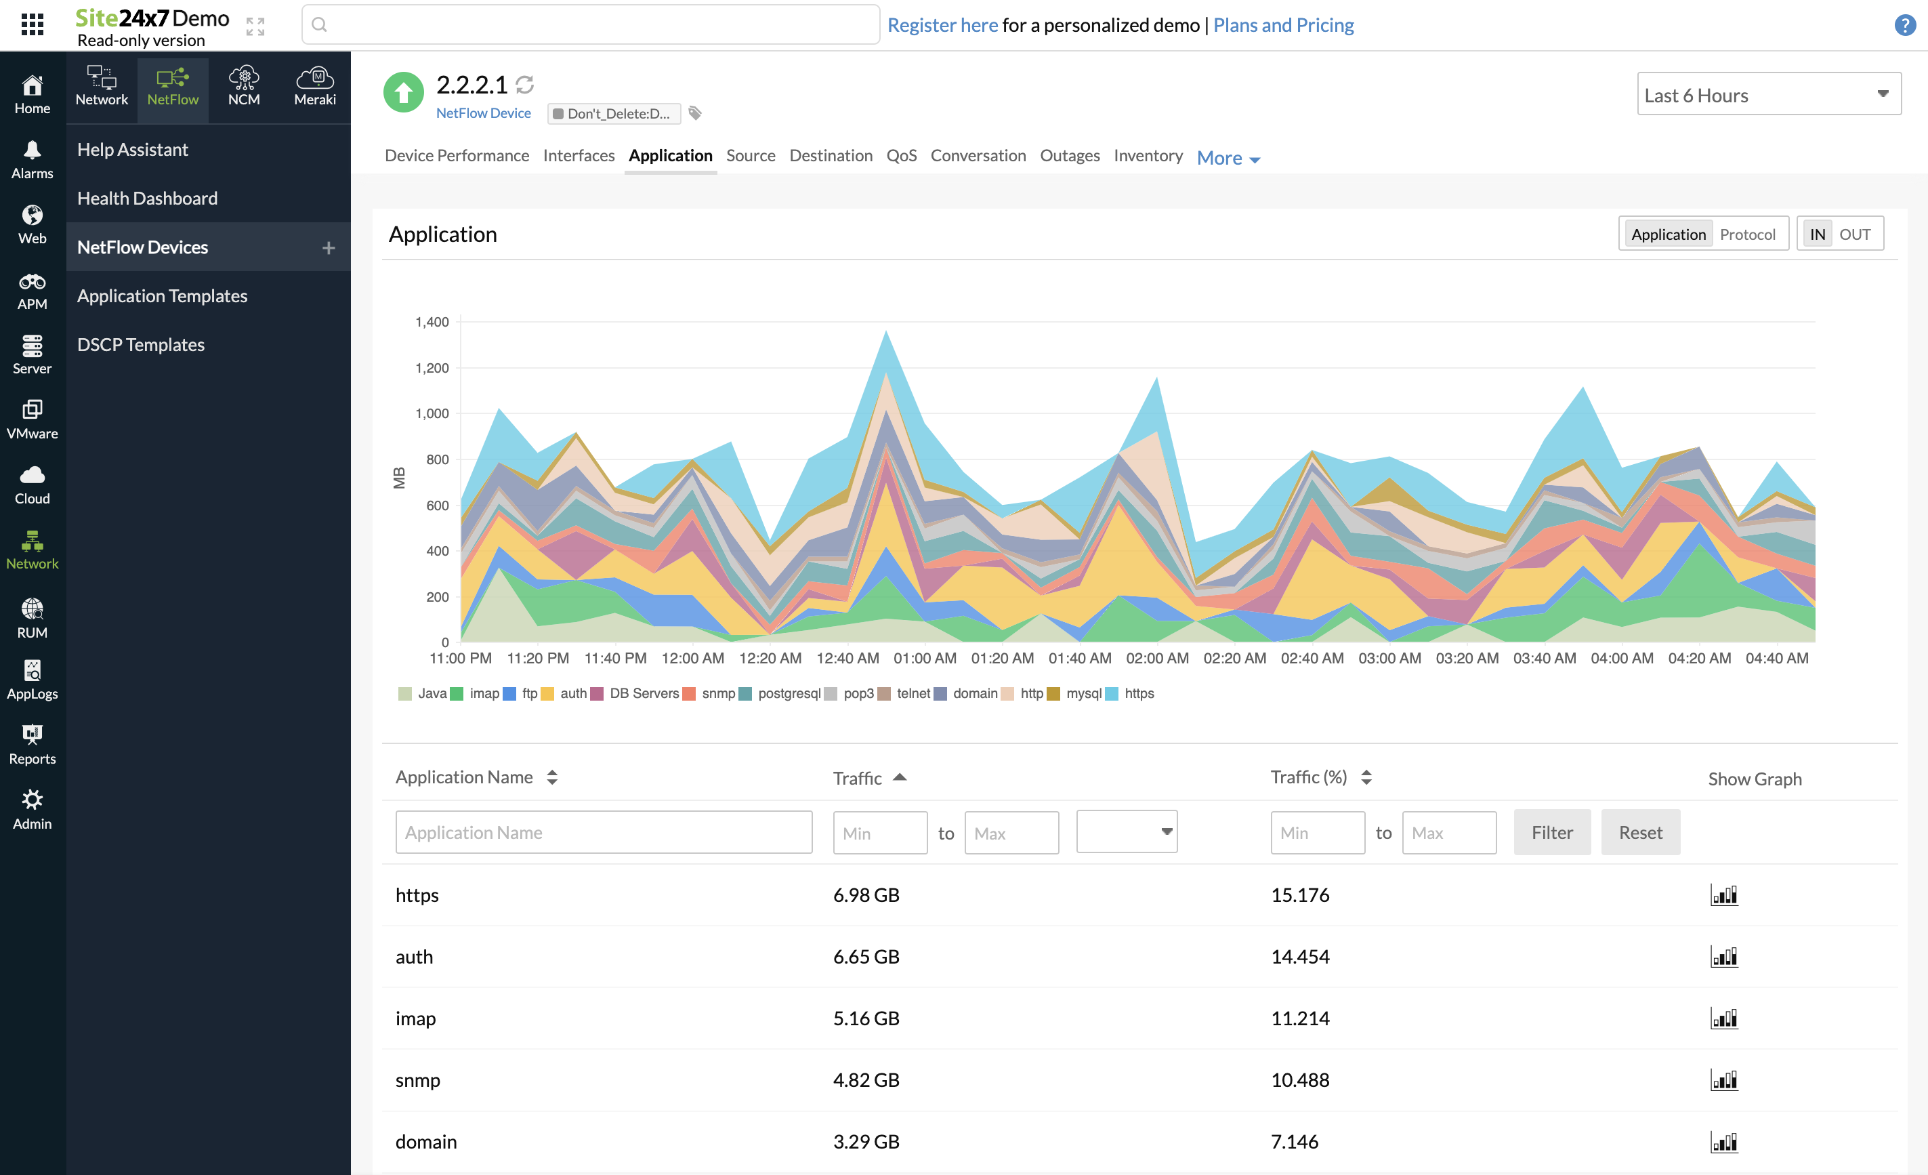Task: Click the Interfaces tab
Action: click(x=579, y=155)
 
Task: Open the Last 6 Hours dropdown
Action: click(x=1767, y=95)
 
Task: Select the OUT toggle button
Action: click(x=1853, y=234)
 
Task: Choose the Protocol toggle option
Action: click(x=1746, y=234)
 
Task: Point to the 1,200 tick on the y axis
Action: click(x=432, y=368)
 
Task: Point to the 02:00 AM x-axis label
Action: click(x=1156, y=659)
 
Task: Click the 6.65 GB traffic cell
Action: click(x=865, y=957)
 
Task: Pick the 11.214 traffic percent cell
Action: click(x=1300, y=1018)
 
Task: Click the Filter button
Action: click(x=1551, y=832)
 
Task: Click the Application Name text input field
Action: click(x=604, y=832)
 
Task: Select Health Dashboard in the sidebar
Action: click(x=147, y=198)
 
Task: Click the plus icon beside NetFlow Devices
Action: click(x=328, y=247)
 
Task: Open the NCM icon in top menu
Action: click(x=243, y=85)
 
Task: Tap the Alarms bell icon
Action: click(x=32, y=150)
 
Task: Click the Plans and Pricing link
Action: click(x=1282, y=25)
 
